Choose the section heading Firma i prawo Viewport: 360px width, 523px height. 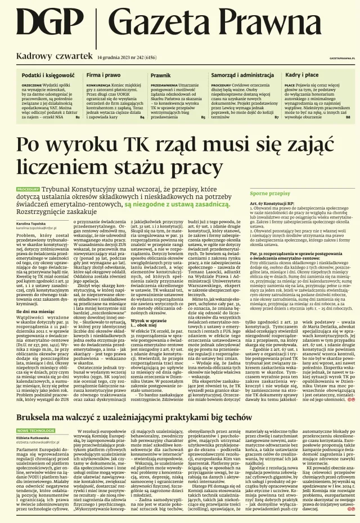pos(103,74)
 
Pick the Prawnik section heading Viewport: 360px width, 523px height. pos(160,74)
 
